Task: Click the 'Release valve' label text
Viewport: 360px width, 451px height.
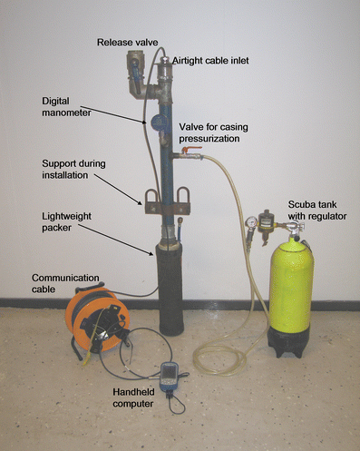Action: pos(127,43)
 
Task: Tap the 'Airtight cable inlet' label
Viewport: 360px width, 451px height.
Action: pos(210,61)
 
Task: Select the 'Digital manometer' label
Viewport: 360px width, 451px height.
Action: pos(66,107)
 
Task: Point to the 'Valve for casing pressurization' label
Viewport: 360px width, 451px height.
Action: pos(213,132)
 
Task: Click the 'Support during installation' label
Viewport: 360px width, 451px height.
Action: pos(73,169)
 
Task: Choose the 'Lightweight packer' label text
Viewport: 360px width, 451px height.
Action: pos(66,221)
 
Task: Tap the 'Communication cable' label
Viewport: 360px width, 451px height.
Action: pos(65,283)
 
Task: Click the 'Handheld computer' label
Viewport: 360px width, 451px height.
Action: pos(133,397)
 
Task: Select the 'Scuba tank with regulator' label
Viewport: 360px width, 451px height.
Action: pos(317,211)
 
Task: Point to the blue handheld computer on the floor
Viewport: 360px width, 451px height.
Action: pos(170,377)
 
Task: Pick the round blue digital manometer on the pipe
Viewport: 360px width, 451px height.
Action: pos(160,122)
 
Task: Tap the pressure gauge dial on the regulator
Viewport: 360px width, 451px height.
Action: pos(251,221)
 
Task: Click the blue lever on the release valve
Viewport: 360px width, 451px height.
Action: pos(135,74)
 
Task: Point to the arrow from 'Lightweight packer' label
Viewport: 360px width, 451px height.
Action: pos(116,240)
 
